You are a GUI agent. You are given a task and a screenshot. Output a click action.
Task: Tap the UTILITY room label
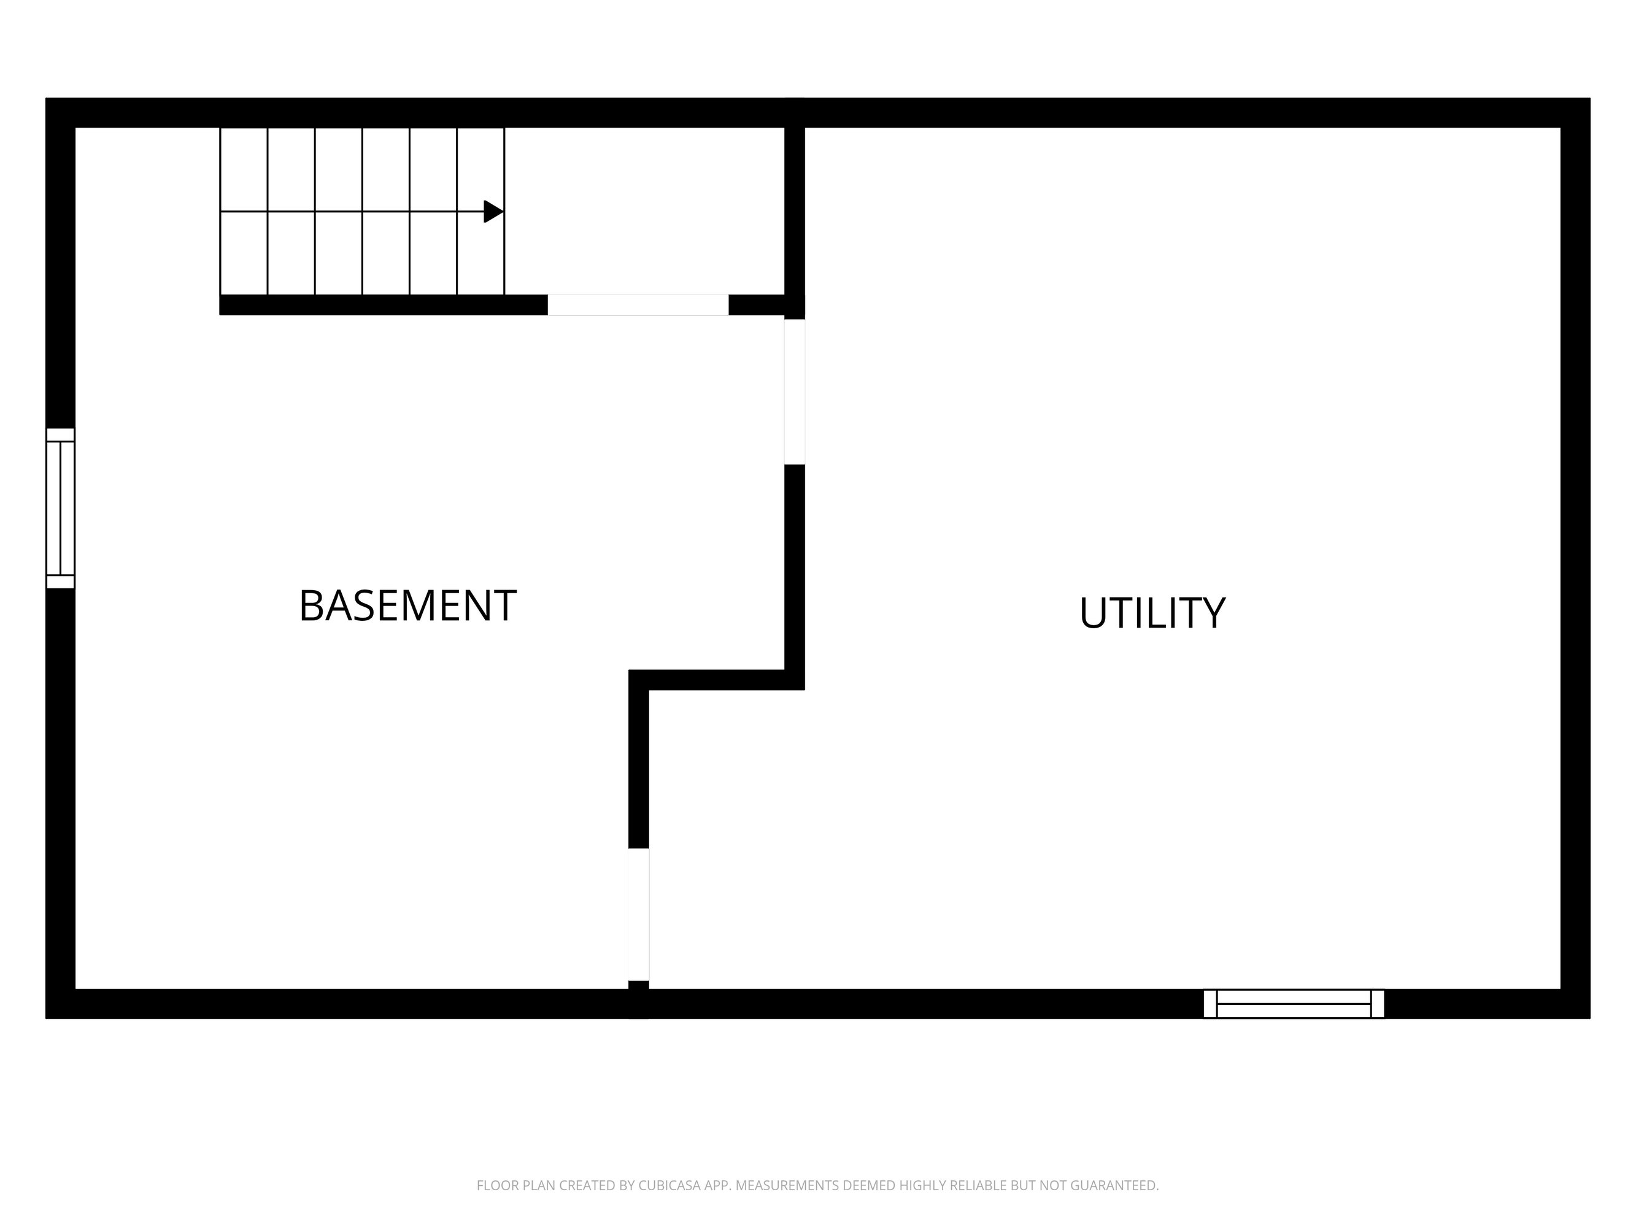pos(1152,613)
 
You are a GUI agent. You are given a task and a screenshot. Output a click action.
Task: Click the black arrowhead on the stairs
pos(493,212)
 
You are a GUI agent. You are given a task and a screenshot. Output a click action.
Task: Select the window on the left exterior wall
pos(61,508)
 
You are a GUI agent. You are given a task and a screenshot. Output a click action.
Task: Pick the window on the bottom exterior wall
pos(1294,1004)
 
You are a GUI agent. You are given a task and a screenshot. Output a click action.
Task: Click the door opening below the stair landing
pos(638,305)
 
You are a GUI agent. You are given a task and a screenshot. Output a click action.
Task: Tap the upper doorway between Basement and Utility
pos(794,392)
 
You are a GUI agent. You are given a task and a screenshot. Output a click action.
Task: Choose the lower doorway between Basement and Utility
pos(638,914)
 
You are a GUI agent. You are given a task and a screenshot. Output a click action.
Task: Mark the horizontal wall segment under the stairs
pos(383,305)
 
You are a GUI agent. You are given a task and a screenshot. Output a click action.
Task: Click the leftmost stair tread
pos(244,212)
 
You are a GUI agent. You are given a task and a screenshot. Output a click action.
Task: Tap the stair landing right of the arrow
pos(644,211)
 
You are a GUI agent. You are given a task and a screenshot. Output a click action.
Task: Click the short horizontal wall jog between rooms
pos(717,680)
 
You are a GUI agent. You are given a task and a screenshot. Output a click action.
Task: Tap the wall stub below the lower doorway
pos(638,999)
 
